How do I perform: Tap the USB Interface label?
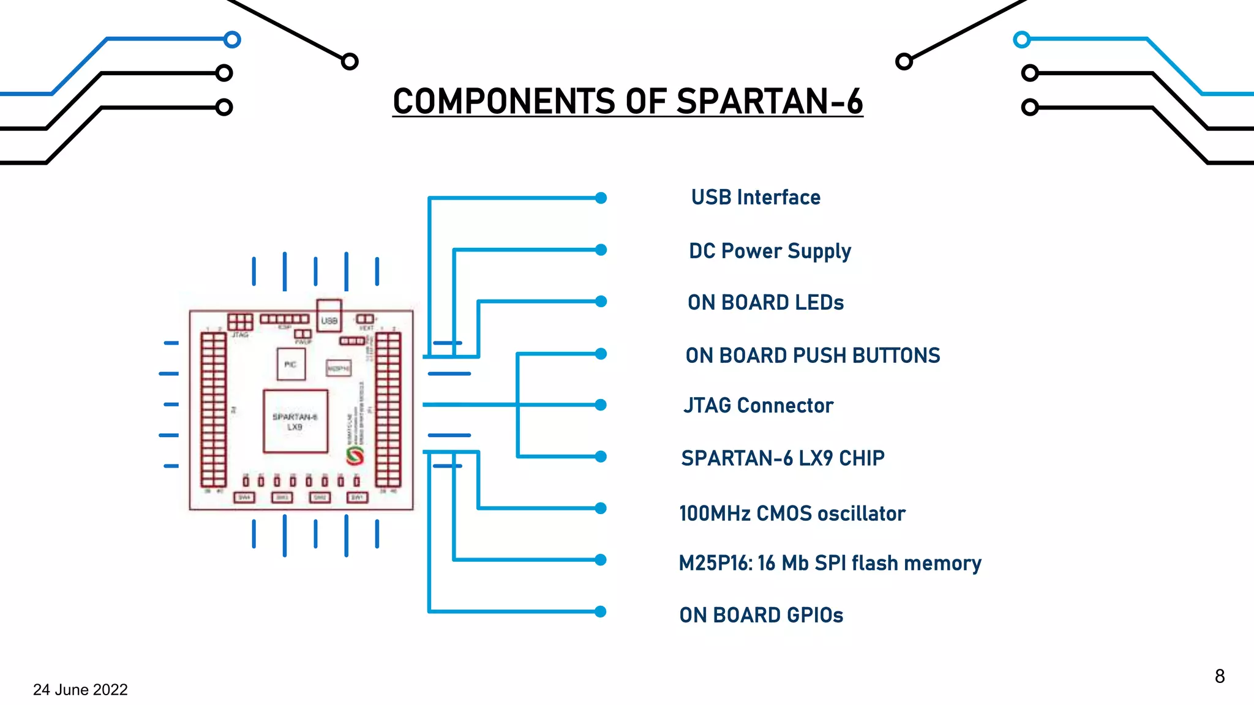(x=756, y=198)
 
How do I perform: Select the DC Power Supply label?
(x=770, y=251)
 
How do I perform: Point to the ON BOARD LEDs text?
(x=765, y=302)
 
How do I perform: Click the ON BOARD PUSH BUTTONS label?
(x=813, y=356)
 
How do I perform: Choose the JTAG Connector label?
(x=758, y=406)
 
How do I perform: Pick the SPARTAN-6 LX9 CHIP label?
(x=783, y=458)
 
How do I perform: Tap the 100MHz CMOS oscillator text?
(x=792, y=513)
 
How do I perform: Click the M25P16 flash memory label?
(x=830, y=563)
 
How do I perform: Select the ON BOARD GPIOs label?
(x=761, y=615)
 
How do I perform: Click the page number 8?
(x=1219, y=676)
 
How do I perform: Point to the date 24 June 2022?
(x=80, y=690)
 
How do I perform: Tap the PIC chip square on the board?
(x=291, y=364)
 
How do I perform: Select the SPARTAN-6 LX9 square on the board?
(x=295, y=422)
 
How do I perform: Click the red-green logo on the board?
(x=355, y=455)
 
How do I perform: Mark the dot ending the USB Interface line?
(x=601, y=198)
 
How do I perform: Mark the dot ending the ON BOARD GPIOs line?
(x=601, y=611)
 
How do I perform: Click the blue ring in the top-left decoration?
(x=232, y=40)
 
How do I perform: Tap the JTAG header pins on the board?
(x=240, y=322)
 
